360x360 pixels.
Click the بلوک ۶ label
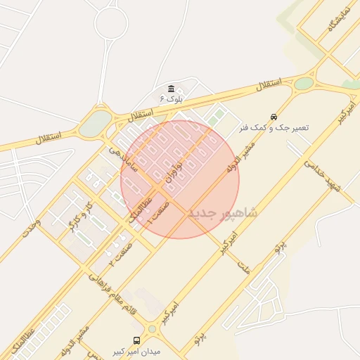point(171,98)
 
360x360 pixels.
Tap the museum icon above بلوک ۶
point(172,89)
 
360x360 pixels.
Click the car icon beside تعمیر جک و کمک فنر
point(273,117)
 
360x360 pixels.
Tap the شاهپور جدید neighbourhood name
point(224,212)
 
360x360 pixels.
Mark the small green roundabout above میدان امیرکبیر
point(153,328)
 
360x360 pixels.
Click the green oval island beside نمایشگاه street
point(303,84)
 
